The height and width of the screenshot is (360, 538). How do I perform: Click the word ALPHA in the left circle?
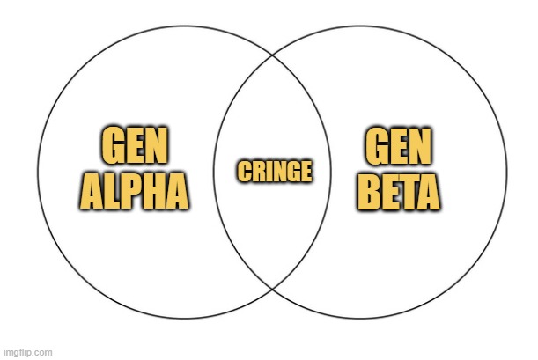pos(134,191)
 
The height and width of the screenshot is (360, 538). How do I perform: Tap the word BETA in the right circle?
pos(398,193)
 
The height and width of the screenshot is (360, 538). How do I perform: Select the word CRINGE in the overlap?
pos(275,172)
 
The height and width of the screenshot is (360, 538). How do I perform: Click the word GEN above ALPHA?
pos(135,145)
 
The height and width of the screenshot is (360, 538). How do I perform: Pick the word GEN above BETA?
pos(398,146)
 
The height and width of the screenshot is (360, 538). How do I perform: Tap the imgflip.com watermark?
pos(28,352)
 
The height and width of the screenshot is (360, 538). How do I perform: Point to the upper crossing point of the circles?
pos(272,55)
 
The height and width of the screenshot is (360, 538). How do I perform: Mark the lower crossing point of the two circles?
pos(272,290)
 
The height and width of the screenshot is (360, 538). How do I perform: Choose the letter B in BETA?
pos(369,193)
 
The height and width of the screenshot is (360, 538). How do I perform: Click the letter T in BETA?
pos(406,193)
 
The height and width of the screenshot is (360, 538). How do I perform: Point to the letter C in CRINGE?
pos(244,172)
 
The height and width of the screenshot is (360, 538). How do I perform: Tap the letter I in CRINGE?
pos(267,172)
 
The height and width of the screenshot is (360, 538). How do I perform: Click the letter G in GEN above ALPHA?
pos(113,145)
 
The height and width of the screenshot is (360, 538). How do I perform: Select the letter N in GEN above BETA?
pos(420,146)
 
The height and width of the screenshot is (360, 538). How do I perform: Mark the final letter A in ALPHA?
pos(177,191)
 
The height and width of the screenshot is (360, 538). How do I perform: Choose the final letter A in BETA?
pos(428,193)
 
